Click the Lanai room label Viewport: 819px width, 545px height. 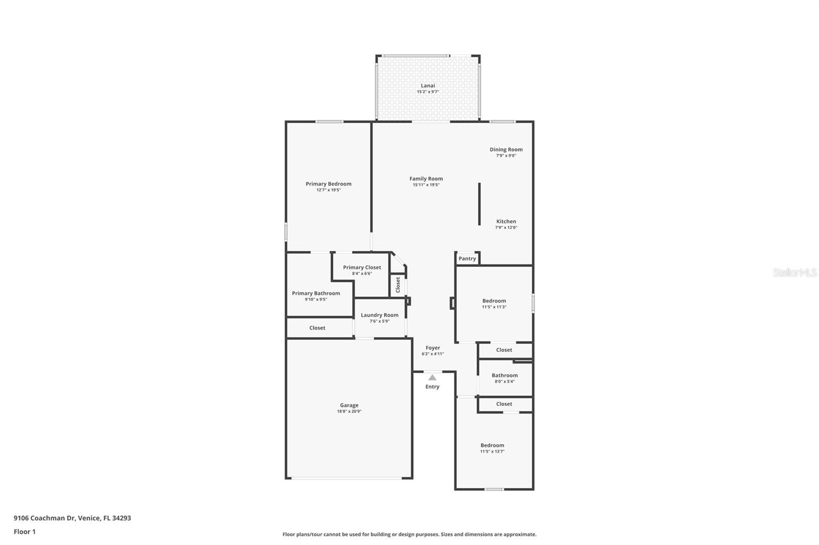point(428,86)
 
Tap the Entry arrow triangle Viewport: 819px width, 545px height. point(432,377)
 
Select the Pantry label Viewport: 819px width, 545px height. point(467,259)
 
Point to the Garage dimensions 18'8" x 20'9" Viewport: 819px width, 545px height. point(349,412)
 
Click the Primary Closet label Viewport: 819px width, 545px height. point(362,267)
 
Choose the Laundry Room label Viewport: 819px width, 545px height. point(379,315)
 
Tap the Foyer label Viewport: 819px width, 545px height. point(433,348)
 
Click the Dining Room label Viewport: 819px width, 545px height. point(506,149)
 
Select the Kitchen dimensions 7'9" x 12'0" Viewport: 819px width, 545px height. point(506,228)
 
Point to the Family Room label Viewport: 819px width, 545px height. point(426,179)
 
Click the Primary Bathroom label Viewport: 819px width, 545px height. point(316,293)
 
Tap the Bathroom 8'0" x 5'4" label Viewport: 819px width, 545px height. point(505,375)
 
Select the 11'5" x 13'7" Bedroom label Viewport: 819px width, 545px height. point(492,445)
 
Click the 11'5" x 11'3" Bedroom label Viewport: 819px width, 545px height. point(494,301)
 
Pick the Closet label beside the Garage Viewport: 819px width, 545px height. point(317,328)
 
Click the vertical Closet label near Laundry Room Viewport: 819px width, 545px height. point(398,285)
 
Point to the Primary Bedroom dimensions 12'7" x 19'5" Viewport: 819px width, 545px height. point(328,190)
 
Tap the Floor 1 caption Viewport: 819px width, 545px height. point(25,532)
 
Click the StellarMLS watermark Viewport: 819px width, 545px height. point(795,272)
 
